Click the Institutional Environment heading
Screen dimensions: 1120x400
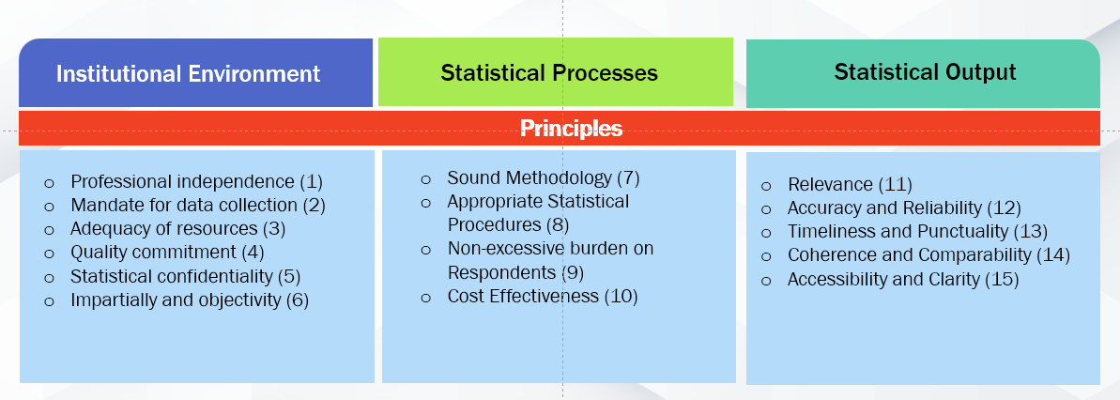[x=189, y=73]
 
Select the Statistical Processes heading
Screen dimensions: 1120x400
[x=549, y=73]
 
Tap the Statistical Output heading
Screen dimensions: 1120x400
[x=925, y=72]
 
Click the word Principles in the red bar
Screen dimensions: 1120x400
[x=571, y=128]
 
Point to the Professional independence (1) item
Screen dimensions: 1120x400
[x=197, y=182]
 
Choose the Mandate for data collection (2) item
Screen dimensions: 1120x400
[x=198, y=206]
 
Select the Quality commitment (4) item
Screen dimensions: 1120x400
[x=167, y=253]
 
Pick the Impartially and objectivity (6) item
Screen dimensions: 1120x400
[x=190, y=300]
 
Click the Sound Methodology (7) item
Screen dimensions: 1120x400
[x=544, y=177]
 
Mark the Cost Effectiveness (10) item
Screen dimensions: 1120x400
[x=542, y=296]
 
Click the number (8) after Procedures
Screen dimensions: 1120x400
[x=557, y=225]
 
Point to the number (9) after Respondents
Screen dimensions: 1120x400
[x=573, y=272]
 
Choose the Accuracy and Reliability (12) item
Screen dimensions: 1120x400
[x=904, y=208]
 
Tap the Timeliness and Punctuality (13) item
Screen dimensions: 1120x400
[x=917, y=232]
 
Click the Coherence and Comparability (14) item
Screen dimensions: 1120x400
[x=928, y=255]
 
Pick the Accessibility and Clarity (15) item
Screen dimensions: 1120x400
[x=903, y=279]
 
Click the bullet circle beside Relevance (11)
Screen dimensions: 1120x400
[x=766, y=187]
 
